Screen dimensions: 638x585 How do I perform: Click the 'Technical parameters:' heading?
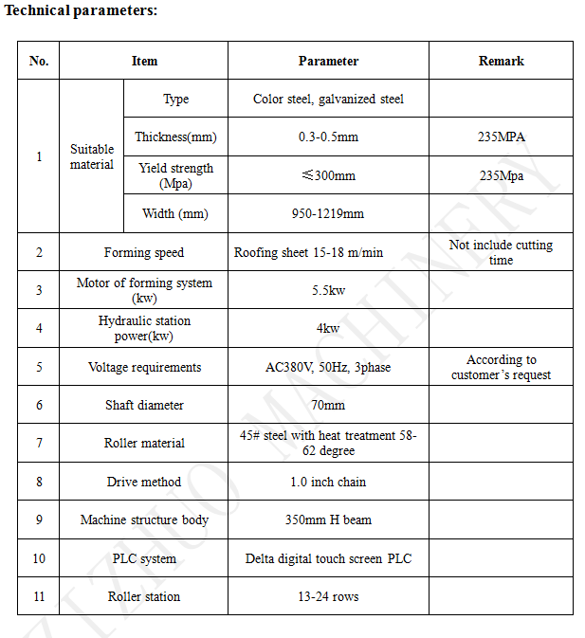pos(82,10)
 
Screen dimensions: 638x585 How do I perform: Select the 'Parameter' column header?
pos(328,61)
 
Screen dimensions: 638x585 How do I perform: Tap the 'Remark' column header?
pos(501,61)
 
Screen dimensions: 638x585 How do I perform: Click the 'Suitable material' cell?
pos(92,156)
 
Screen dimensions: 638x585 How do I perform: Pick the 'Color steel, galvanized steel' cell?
pos(328,99)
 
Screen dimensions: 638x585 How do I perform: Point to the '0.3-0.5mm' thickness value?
pos(328,137)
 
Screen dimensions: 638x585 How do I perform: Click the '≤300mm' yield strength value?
pos(328,175)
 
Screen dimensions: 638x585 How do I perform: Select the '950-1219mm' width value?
pos(328,213)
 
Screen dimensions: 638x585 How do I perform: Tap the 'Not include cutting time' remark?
pos(501,252)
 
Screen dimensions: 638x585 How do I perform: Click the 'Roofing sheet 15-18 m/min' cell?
pos(309,252)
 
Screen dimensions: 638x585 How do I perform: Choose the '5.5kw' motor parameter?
pos(328,290)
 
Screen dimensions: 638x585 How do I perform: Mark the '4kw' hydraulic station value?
pos(328,328)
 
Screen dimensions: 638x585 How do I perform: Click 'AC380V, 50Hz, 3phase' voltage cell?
pos(328,367)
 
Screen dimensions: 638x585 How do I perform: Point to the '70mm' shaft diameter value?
pos(328,405)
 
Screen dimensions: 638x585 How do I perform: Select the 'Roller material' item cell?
pos(144,443)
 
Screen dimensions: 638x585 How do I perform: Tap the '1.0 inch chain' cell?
pos(328,482)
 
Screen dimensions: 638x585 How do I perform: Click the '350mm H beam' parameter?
pos(328,520)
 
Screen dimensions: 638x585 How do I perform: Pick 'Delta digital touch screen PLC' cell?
pos(328,558)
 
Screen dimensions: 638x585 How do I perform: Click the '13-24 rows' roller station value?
pos(328,596)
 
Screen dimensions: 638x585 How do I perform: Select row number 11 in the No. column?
pos(39,596)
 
